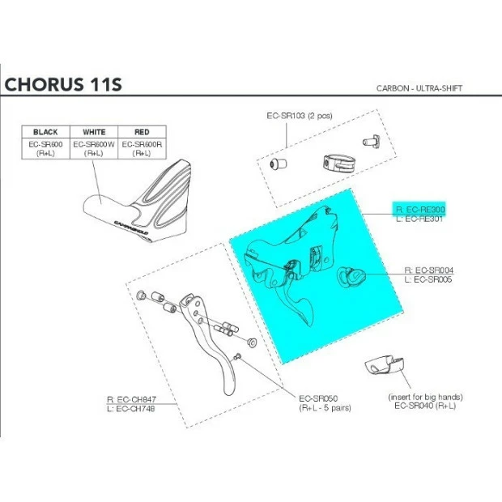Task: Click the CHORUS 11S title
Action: [62, 84]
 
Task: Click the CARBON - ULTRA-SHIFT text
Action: [424, 87]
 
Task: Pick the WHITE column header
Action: [94, 131]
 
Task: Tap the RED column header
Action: [141, 131]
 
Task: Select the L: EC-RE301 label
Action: [421, 219]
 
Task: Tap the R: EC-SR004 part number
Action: [428, 270]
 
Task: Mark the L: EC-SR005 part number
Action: [428, 279]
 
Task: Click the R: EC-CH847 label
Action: [130, 399]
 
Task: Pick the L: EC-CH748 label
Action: [130, 409]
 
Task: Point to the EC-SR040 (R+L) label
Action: [424, 406]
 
